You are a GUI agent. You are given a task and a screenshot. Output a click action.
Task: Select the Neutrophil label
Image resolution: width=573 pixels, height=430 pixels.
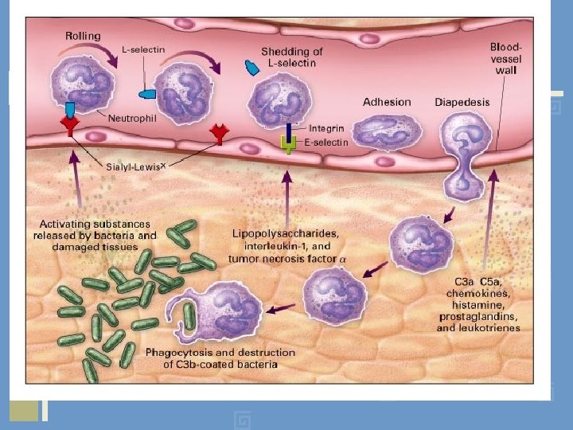[133, 118]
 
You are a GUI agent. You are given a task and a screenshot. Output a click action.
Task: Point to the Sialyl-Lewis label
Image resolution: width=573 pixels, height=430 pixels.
[135, 166]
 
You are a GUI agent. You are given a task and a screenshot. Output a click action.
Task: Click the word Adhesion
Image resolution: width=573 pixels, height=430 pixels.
[387, 102]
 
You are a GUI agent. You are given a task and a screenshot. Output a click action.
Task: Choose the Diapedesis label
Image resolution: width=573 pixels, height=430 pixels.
[462, 102]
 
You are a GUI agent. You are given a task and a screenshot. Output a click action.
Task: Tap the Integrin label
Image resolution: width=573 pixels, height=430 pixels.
[327, 128]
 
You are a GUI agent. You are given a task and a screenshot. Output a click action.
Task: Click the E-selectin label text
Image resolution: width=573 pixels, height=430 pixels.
[326, 143]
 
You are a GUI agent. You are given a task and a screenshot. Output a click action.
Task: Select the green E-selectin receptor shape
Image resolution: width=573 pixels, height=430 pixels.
[290, 144]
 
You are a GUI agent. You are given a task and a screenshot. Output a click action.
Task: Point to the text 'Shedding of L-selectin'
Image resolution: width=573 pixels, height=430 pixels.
[292, 58]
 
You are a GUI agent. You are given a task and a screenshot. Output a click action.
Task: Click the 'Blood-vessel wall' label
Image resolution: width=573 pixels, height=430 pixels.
[505, 59]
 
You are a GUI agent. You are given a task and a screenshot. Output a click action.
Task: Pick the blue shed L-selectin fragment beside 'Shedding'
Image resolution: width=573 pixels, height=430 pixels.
[252, 68]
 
